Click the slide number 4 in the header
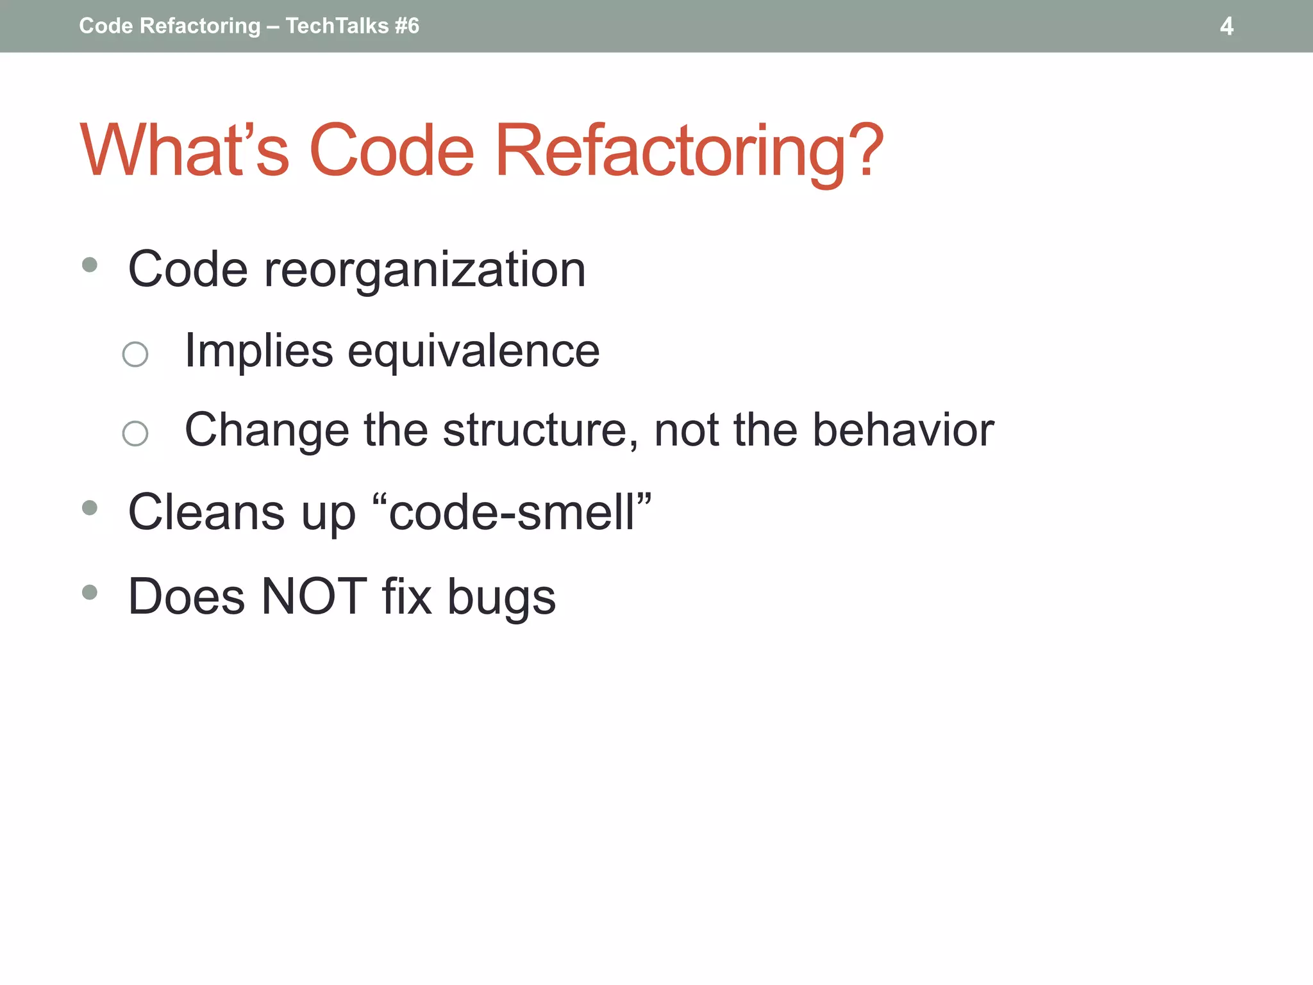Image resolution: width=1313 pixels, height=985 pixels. pyautogui.click(x=1226, y=26)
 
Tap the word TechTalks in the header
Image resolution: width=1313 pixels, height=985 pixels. pyautogui.click(x=337, y=26)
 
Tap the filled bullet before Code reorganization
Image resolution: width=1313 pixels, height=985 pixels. pyautogui.click(x=90, y=264)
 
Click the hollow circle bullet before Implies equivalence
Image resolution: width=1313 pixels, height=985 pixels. pyautogui.click(x=135, y=354)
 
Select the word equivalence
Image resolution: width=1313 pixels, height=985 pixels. pyautogui.click(x=473, y=351)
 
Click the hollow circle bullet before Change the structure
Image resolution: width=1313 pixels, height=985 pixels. pyautogui.click(x=135, y=434)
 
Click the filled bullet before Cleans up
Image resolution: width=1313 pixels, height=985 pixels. pyautogui.click(x=90, y=508)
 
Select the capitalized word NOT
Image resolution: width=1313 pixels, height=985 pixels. pyautogui.click(x=314, y=596)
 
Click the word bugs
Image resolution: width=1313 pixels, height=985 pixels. pyautogui.click(x=501, y=598)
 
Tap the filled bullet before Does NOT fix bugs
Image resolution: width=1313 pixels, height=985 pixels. pyautogui.click(x=90, y=592)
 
